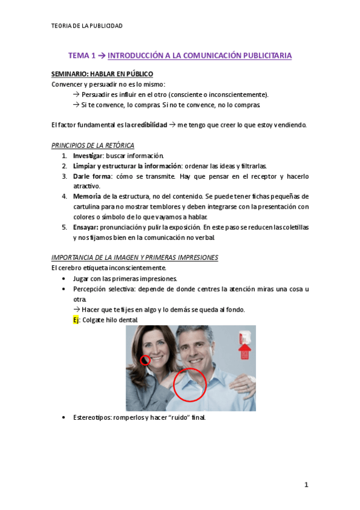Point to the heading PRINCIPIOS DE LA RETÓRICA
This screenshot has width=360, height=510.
pos(93,146)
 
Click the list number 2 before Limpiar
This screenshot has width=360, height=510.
pos(64,166)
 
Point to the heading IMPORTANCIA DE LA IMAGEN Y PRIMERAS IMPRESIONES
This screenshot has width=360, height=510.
pos(135,257)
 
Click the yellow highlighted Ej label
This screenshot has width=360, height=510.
pos(76,320)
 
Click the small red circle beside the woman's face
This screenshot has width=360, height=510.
pos(145,360)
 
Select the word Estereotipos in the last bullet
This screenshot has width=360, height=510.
pos(93,417)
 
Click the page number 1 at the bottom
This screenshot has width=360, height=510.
pos(306,485)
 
